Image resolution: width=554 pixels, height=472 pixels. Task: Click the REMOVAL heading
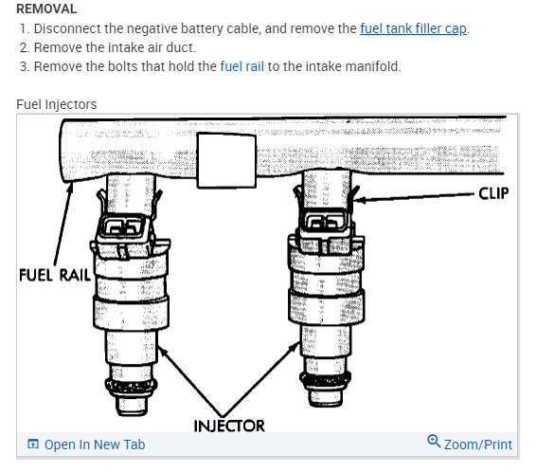(46, 9)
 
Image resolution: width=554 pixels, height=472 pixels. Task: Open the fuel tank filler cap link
(414, 28)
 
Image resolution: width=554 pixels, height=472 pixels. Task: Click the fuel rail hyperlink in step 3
(244, 66)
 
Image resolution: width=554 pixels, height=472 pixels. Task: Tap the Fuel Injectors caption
(56, 104)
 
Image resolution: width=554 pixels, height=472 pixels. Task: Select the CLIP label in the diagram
(491, 193)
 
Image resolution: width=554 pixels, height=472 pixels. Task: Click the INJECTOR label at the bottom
(229, 426)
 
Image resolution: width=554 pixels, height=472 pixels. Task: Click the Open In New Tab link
(95, 445)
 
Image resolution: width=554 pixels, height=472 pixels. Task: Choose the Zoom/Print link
(477, 445)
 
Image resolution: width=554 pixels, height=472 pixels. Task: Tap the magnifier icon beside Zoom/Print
(434, 443)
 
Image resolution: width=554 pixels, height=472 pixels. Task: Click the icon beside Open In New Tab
(33, 445)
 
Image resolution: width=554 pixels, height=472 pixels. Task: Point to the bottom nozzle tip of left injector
(128, 406)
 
